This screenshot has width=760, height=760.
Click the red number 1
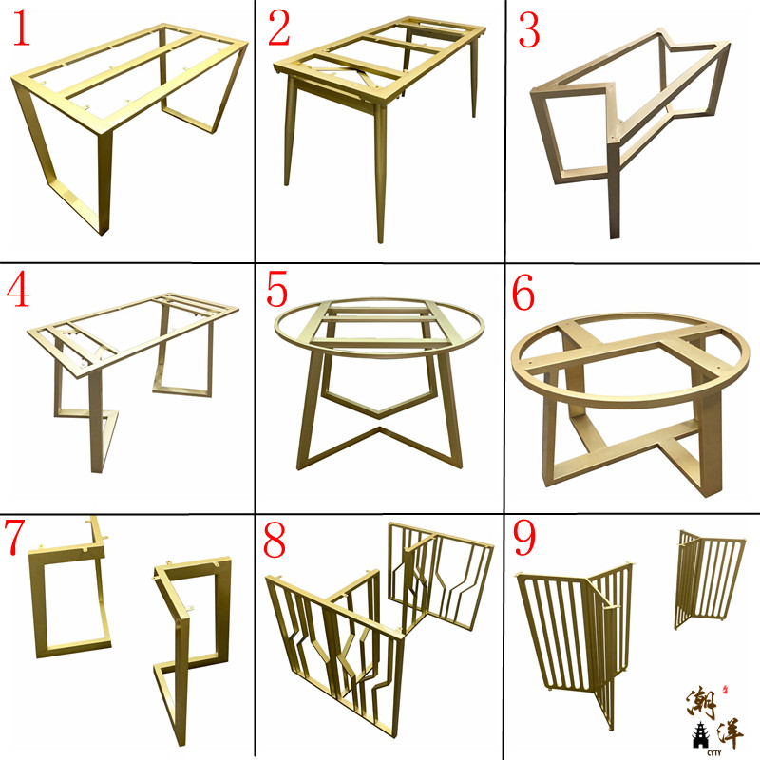tap(22, 29)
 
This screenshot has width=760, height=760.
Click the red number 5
tap(277, 290)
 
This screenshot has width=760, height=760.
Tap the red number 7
tap(18, 538)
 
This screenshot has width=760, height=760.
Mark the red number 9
tap(525, 541)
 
